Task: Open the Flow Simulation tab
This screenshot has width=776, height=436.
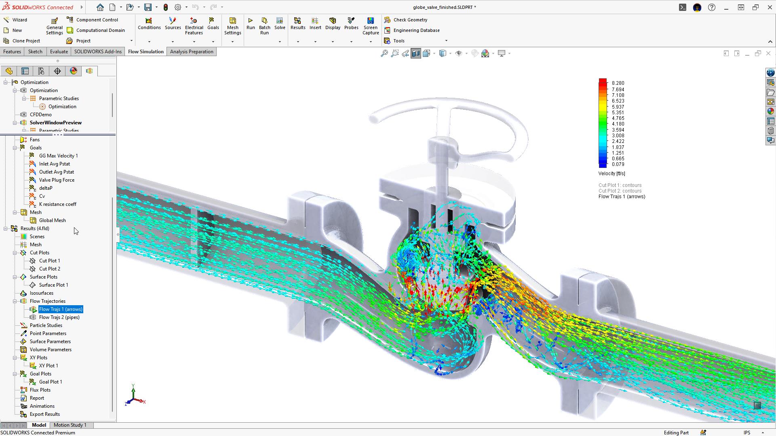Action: [145, 52]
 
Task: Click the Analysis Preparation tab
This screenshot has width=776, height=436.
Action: [192, 52]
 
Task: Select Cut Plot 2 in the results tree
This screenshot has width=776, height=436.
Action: [49, 269]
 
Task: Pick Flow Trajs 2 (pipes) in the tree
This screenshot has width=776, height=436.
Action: [59, 317]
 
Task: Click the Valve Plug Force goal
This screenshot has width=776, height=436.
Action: [57, 180]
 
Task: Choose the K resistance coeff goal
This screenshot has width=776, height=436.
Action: [57, 204]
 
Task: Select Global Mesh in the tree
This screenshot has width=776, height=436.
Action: [52, 220]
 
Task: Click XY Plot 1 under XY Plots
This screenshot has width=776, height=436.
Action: [48, 366]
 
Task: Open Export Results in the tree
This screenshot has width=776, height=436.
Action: [44, 414]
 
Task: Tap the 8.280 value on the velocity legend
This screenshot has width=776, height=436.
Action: [618, 83]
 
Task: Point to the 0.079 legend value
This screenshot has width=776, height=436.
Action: [618, 164]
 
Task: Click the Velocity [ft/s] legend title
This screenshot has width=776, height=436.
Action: [612, 174]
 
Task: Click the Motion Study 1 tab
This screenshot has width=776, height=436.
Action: [70, 425]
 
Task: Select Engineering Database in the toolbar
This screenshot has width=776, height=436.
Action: [416, 30]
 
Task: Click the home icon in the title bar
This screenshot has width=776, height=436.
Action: [100, 7]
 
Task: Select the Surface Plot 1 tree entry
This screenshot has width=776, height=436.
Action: [53, 285]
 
